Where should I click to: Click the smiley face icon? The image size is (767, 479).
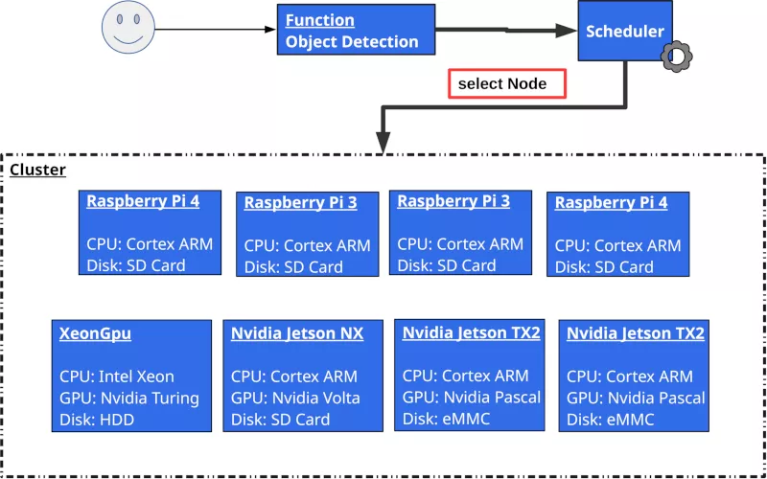click(128, 29)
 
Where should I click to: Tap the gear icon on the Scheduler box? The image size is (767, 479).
click(676, 57)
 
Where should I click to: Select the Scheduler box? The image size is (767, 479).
click(623, 31)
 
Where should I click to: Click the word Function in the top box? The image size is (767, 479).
click(319, 20)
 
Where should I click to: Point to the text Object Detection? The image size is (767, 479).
click(352, 42)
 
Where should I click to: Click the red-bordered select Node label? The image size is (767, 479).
click(507, 84)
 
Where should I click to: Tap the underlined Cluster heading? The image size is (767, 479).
click(37, 170)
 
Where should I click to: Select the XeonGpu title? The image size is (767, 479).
click(95, 333)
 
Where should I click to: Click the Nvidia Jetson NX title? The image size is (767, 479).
click(297, 333)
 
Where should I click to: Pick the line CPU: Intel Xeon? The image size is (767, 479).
click(117, 376)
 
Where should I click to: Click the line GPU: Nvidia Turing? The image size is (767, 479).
click(129, 398)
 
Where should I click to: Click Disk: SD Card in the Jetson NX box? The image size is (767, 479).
click(280, 420)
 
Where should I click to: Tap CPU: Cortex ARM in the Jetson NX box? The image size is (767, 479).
click(293, 376)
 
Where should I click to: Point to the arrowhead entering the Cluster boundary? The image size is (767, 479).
click(383, 145)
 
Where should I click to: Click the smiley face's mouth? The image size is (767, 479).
click(128, 39)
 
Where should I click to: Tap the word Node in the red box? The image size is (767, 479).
click(528, 84)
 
